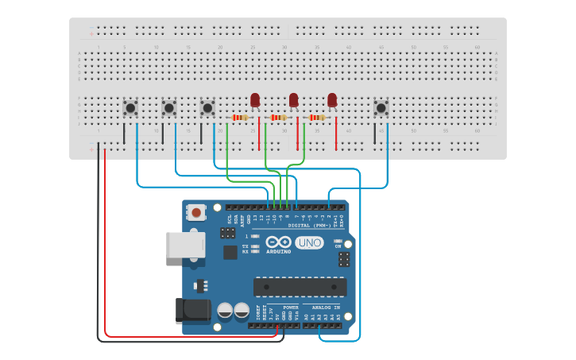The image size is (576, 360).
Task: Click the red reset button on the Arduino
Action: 195,212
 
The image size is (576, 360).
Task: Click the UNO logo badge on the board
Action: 309,242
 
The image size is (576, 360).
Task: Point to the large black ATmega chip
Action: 300,287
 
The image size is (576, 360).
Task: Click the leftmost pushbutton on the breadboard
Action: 130,106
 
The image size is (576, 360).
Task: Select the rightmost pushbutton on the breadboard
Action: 381,107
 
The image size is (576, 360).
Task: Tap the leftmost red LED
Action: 255,100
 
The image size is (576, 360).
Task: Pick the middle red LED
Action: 293,100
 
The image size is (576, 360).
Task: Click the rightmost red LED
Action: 332,100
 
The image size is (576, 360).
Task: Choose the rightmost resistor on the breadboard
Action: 317,118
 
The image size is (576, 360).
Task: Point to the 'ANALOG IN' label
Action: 325,307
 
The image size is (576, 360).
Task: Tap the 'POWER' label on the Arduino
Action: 291,307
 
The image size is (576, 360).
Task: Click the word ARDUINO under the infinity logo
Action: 279,251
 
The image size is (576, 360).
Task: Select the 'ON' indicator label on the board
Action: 338,246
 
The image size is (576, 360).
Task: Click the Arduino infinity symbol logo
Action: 279,242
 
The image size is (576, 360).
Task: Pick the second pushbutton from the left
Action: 168,106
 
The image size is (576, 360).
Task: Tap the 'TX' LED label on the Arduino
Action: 245,246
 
